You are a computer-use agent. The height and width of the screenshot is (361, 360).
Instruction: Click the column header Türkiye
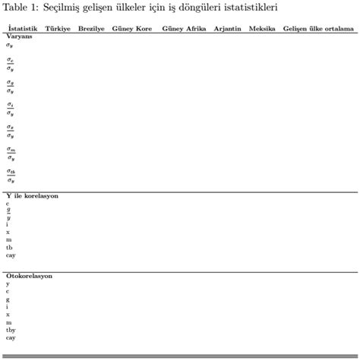click(58, 28)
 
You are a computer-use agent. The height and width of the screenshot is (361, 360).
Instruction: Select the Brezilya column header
click(91, 28)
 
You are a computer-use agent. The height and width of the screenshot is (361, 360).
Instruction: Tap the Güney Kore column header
click(131, 28)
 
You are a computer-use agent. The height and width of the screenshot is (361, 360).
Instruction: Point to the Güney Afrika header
click(184, 28)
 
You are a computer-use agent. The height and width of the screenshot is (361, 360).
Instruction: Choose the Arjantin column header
click(227, 28)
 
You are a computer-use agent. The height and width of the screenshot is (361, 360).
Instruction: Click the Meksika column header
click(261, 28)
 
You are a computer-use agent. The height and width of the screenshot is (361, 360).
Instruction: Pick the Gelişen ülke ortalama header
click(318, 28)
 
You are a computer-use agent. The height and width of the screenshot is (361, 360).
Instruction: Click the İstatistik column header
click(22, 28)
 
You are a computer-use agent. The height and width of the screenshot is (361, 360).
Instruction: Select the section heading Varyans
click(19, 36)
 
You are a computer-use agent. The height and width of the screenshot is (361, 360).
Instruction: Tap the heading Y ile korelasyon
click(32, 195)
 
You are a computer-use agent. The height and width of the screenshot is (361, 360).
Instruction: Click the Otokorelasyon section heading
click(29, 276)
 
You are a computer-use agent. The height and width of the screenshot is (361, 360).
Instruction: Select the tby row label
click(11, 329)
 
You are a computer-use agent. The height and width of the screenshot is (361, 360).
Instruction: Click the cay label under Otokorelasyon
click(11, 337)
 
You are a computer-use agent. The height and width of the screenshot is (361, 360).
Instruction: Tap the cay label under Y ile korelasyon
click(11, 255)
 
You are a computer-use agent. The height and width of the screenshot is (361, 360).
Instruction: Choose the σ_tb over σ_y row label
click(11, 176)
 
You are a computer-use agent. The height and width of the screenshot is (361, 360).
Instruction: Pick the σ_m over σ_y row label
click(11, 154)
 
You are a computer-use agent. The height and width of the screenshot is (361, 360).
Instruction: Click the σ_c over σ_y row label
click(11, 64)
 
